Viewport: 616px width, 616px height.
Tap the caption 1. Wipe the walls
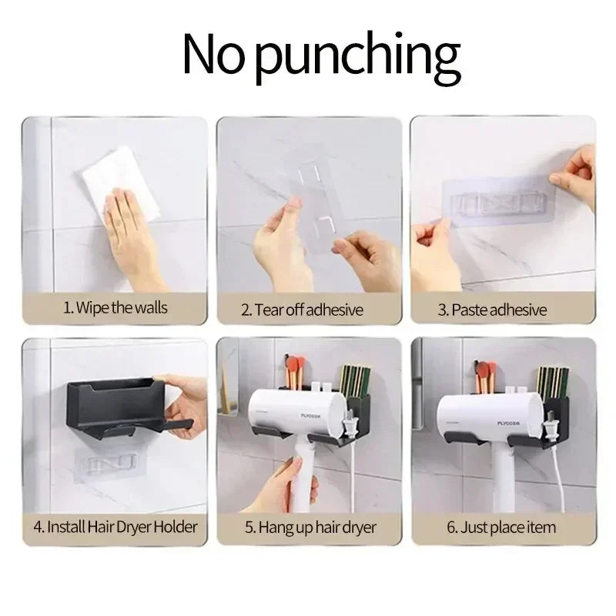point(115,308)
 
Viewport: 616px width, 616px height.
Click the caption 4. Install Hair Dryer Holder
point(115,527)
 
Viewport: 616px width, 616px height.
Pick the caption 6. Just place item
point(501,527)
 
